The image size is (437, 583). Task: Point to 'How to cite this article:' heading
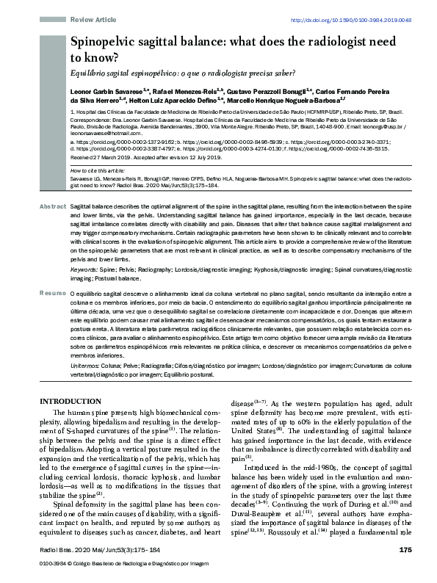point(101,170)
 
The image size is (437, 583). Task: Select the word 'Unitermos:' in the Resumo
point(89,344)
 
